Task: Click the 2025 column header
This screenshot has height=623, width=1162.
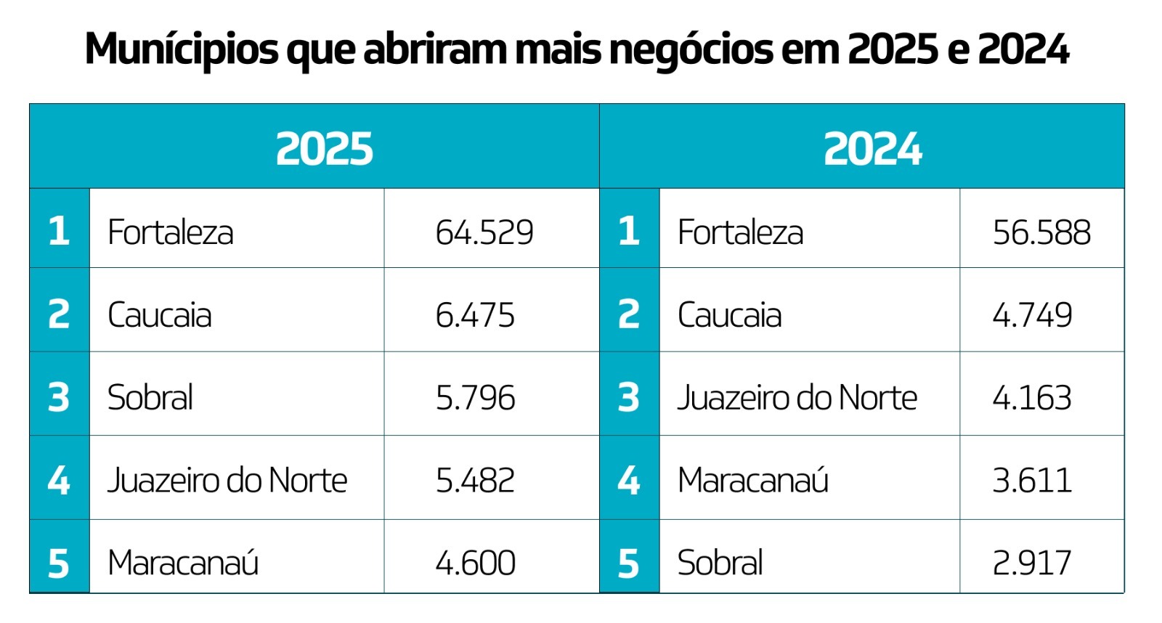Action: click(x=324, y=149)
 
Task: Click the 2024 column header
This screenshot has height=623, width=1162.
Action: click(x=872, y=149)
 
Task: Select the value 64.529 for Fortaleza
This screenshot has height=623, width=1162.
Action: click(x=484, y=232)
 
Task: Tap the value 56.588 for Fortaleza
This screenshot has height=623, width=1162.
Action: click(x=1041, y=232)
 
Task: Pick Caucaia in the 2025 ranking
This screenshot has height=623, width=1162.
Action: click(x=160, y=315)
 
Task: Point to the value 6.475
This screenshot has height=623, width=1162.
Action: click(x=475, y=315)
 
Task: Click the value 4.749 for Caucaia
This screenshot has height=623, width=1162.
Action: click(x=1032, y=315)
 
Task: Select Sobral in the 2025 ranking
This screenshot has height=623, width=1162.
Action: click(x=150, y=398)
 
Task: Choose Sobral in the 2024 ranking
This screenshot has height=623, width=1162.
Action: click(x=720, y=563)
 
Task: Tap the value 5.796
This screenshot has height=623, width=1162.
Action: click(x=475, y=398)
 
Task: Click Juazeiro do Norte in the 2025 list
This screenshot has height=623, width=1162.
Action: click(x=227, y=480)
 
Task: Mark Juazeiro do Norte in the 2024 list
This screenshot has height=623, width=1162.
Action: click(x=797, y=398)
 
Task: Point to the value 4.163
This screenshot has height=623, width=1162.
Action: click(x=1032, y=398)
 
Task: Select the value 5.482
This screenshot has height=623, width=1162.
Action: click(x=475, y=480)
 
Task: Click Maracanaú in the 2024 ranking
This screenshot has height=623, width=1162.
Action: click(x=753, y=480)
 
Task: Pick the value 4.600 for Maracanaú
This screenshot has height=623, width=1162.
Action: click(x=475, y=563)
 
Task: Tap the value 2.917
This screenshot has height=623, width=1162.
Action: click(x=1032, y=563)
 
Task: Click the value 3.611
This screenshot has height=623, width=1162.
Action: click(x=1032, y=480)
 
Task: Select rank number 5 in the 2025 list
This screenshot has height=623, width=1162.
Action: click(x=59, y=563)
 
